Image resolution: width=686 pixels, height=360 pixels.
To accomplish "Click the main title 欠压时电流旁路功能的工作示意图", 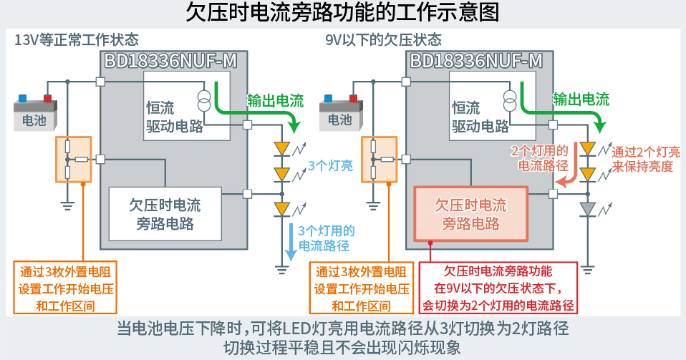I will (x=343, y=13).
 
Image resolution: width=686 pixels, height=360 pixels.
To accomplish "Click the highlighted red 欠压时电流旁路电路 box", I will (x=470, y=213).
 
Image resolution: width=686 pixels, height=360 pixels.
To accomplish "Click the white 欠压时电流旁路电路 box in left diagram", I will (x=165, y=213).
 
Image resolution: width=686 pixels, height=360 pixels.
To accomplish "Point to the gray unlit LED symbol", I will (x=587, y=209).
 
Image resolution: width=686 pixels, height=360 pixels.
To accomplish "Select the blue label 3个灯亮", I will (x=329, y=166).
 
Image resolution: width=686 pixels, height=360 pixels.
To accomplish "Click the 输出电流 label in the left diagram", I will (x=275, y=99).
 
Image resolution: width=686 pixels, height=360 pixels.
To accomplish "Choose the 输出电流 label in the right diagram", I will (x=581, y=99).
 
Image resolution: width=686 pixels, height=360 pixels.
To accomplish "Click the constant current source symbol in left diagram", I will (x=204, y=100).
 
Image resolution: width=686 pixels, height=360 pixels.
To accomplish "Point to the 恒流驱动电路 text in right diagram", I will (x=480, y=117).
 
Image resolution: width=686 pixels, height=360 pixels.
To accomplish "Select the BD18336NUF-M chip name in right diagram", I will (x=475, y=61).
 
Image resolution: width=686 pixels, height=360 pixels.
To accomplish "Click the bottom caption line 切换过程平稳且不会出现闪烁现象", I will (x=343, y=346).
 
